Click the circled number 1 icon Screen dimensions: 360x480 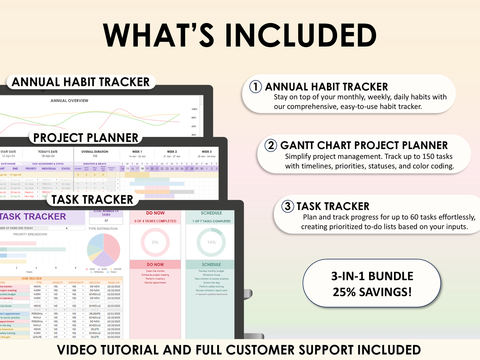[x=255, y=87]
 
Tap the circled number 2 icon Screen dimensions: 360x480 [x=271, y=145]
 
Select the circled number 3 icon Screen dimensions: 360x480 [x=287, y=206]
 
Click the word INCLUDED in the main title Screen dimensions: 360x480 [x=301, y=36]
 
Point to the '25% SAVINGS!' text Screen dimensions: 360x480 [x=372, y=292]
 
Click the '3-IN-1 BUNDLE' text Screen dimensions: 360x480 [x=372, y=276]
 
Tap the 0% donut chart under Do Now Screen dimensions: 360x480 [x=155, y=242]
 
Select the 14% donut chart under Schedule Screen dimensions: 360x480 [x=211, y=242]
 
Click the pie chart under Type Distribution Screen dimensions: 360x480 [x=103, y=250]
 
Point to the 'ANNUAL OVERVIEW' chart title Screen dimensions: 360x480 [x=69, y=101]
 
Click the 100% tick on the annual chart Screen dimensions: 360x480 [x=194, y=109]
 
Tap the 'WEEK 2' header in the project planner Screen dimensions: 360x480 [x=172, y=152]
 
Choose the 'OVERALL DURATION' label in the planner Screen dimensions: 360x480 [x=95, y=152]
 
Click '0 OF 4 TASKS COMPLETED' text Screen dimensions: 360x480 [x=155, y=221]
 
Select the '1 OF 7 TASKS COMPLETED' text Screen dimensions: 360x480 [x=211, y=221]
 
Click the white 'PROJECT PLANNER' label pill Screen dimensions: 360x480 [x=86, y=138]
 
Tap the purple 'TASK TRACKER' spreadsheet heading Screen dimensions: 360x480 [x=33, y=217]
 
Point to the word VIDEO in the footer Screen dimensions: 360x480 [x=77, y=350]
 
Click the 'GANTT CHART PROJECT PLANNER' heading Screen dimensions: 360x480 [x=364, y=145]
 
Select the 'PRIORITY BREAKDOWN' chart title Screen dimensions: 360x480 [x=30, y=235]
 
